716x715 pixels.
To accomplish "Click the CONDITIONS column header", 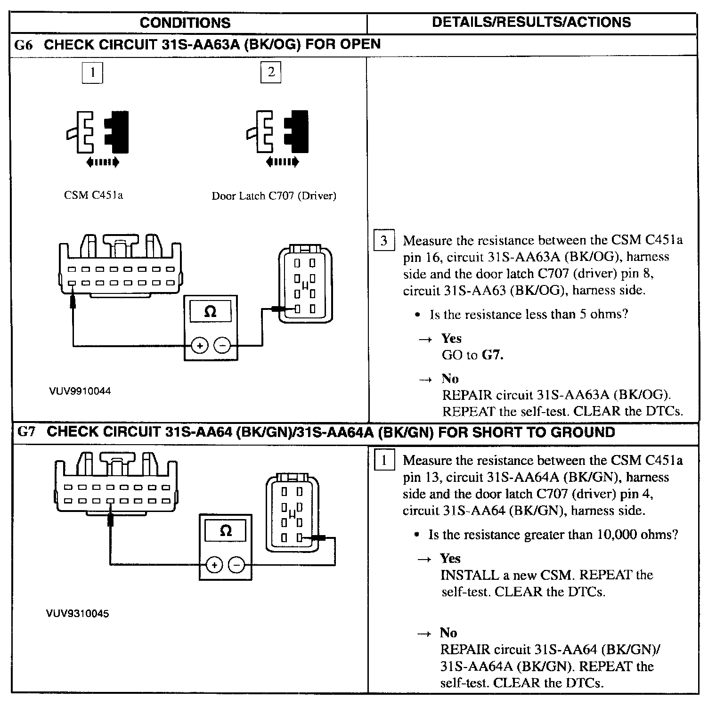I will (x=185, y=23).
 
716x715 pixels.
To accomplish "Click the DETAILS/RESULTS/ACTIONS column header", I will (x=531, y=22).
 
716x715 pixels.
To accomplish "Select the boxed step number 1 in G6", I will (x=93, y=73).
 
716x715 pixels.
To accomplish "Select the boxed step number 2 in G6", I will (x=271, y=72).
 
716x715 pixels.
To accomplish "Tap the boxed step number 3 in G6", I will (x=383, y=241).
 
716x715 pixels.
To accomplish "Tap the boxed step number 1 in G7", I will (x=383, y=460).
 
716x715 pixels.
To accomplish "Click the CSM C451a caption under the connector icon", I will (x=93, y=195).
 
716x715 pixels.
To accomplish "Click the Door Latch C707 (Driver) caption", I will (x=274, y=196).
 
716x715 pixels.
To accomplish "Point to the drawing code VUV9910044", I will (x=80, y=391).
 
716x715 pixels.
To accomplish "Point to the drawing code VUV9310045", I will (x=77, y=613).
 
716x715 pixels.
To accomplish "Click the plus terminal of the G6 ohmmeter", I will (x=200, y=346).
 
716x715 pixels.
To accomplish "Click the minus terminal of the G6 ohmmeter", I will (x=222, y=346).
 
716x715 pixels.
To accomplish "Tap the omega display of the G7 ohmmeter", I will (x=226, y=531).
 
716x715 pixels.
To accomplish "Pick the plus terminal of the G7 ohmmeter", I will (x=214, y=564).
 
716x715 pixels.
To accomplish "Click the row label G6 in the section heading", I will (x=25, y=45).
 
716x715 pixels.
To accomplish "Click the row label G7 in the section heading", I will (x=26, y=432).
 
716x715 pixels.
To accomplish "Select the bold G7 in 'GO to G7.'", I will (x=493, y=355).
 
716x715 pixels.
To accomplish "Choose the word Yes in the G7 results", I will (x=450, y=558).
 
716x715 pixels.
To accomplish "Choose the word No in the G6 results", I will (x=450, y=379).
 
